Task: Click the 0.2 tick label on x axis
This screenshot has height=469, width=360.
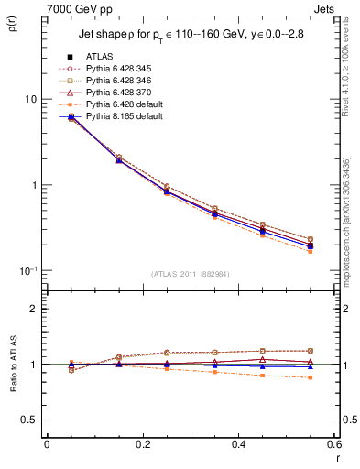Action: [142, 444]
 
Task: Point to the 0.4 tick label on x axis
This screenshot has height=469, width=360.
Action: [238, 444]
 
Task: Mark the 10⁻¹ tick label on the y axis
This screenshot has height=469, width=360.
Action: [27, 270]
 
